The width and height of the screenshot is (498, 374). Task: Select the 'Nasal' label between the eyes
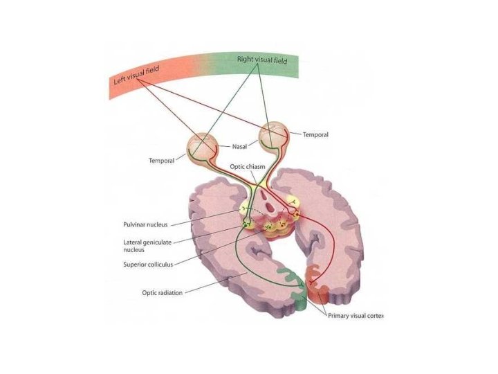point(239,147)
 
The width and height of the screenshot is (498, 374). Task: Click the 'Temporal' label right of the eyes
point(315,135)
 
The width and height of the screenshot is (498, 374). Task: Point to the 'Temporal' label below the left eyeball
point(161,161)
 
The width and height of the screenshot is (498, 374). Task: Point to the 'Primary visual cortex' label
point(355,315)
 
